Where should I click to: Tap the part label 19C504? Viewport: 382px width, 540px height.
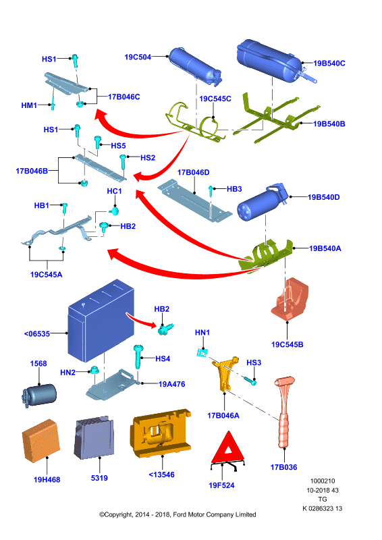coord(138,57)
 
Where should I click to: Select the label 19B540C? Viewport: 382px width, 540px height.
coord(329,63)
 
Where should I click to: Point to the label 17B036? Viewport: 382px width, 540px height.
coord(283,467)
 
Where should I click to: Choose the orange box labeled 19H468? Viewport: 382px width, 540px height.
coord(41,441)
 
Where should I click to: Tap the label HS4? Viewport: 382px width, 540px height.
coord(163,358)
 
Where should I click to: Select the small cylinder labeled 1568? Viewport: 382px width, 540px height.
coord(39,396)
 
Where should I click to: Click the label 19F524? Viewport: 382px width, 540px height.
coord(221,485)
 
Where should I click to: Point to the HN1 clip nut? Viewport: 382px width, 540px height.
coord(203,353)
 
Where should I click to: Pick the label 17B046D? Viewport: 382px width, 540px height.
coord(193,172)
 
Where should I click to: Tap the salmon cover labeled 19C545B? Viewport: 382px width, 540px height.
coord(290,298)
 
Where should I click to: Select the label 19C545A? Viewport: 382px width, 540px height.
coord(46,275)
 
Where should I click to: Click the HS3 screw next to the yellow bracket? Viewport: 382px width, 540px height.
coord(250,381)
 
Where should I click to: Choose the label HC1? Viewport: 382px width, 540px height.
coord(114,191)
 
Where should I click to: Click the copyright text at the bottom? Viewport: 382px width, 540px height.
coord(178,514)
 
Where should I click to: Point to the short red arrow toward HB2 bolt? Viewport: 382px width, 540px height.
coord(141,319)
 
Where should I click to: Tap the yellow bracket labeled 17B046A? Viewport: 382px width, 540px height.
coord(225,374)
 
